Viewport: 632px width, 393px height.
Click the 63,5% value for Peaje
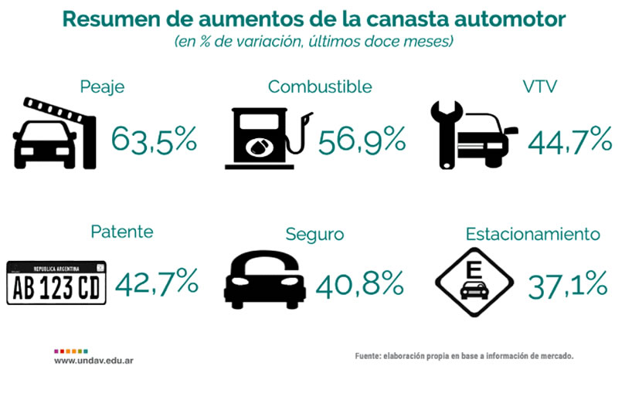point(154,140)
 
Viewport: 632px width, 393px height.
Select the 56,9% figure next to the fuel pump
point(362,140)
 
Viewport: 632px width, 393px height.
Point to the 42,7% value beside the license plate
point(156,282)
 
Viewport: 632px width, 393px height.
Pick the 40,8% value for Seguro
point(359,284)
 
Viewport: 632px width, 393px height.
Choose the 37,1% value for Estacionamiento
point(568,285)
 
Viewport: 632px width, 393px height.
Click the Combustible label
point(320,86)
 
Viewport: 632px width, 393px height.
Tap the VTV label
point(540,86)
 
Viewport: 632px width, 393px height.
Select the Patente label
point(122,232)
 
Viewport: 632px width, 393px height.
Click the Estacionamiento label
point(533,234)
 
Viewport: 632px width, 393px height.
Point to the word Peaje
point(102,87)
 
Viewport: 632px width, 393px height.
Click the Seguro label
point(314,235)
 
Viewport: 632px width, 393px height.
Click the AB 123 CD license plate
point(56,283)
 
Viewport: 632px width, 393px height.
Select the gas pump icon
point(269,138)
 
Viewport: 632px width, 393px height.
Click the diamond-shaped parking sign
point(474,283)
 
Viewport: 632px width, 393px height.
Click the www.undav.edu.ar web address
point(94,361)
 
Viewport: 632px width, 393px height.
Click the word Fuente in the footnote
point(367,356)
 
